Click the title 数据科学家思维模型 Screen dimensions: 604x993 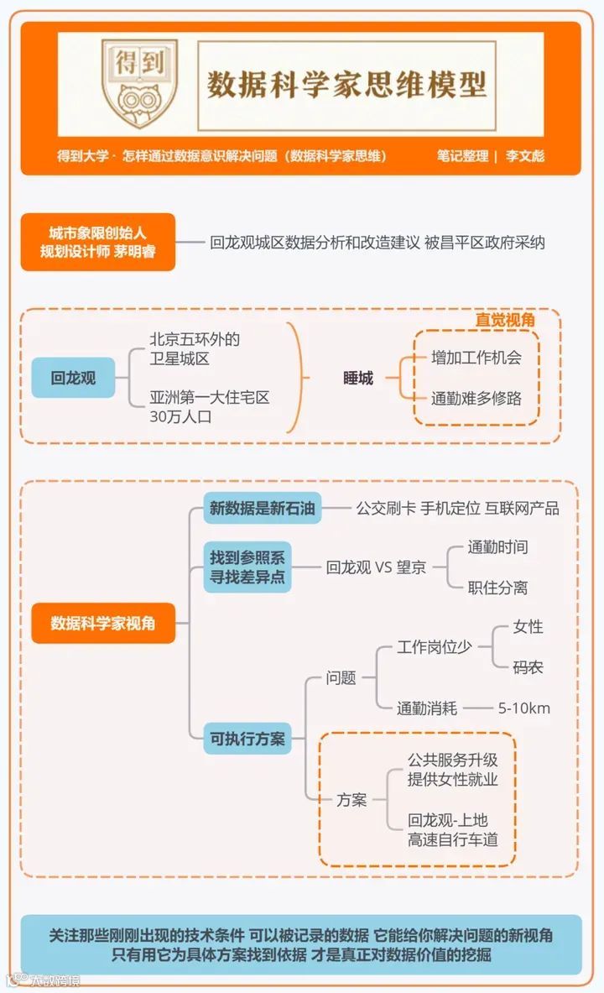(346, 85)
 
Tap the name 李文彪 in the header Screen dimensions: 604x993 (524, 156)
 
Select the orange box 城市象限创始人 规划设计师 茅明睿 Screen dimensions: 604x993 (98, 241)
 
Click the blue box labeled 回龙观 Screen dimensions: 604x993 (73, 378)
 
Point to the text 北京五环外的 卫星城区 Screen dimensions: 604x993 (195, 348)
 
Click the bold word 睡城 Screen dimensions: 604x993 (358, 378)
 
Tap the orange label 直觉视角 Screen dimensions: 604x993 (505, 320)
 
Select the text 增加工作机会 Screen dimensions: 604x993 (476, 358)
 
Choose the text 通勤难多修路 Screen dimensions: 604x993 (476, 398)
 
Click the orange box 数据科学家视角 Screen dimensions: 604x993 (103, 623)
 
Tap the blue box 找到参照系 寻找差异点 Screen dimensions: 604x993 (247, 567)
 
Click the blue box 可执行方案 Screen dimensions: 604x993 (247, 739)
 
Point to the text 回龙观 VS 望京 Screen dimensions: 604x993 (376, 567)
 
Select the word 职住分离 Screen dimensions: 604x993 (497, 588)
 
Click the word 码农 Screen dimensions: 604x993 (528, 667)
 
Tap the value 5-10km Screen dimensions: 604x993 (524, 708)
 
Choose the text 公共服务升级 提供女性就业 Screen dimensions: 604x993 (453, 770)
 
